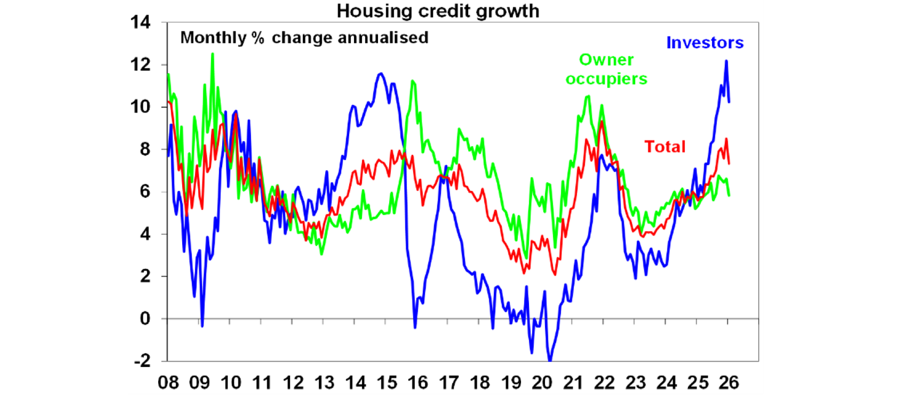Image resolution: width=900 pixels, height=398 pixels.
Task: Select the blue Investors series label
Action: tap(704, 43)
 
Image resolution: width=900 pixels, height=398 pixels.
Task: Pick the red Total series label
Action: tap(664, 146)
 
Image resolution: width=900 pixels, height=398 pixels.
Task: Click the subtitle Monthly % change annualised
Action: tap(304, 38)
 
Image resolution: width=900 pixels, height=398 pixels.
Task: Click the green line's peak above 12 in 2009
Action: tap(212, 54)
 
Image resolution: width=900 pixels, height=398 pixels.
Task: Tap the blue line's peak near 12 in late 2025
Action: tap(727, 61)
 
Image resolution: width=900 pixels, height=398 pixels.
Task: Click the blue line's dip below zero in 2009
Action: tap(202, 326)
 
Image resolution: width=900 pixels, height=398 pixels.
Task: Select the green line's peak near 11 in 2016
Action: tap(412, 81)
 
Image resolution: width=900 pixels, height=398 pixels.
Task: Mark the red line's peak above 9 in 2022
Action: tap(601, 121)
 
